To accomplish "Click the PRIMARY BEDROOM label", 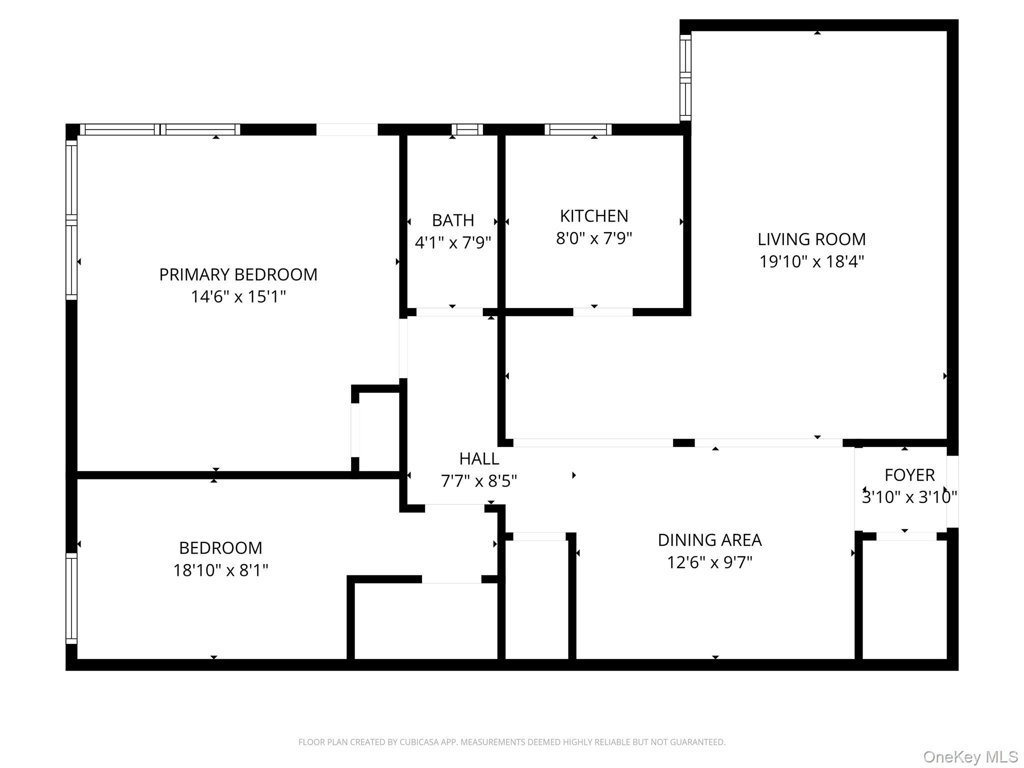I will (238, 274).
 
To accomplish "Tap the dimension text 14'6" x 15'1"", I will (238, 297).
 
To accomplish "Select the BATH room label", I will (453, 220).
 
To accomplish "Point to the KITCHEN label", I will (594, 216).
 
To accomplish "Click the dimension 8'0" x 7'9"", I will (594, 238).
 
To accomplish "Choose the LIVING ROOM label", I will (811, 239).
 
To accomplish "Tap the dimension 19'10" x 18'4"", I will (811, 261).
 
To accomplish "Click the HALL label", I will (479, 458).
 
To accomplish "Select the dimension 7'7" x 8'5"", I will (479, 481).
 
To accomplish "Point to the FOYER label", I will (909, 475).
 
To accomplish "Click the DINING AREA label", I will (709, 540).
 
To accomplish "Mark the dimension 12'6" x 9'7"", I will (709, 562).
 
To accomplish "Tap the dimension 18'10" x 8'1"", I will (220, 570).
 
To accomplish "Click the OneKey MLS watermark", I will (970, 756).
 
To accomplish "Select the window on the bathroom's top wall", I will (467, 129).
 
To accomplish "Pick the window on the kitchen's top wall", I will (578, 129).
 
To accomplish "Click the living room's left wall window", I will (685, 77).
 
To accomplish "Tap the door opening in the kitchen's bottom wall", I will (602, 312).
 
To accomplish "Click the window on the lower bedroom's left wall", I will (71, 598).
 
